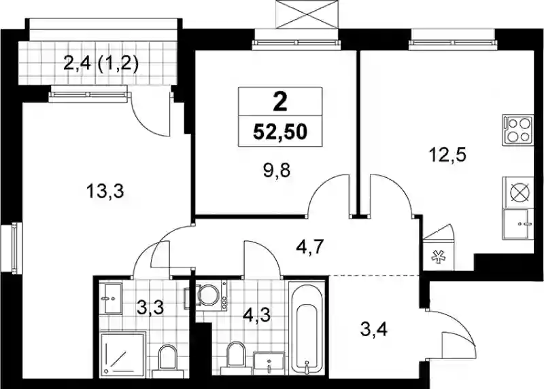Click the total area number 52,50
click(x=280, y=132)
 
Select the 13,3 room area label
click(x=105, y=191)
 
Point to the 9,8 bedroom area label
click(x=277, y=170)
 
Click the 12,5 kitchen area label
click(x=447, y=155)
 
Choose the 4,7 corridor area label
click(x=310, y=247)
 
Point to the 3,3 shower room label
click(x=150, y=308)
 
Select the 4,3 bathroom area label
click(x=256, y=316)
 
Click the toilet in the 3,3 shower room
click(x=167, y=361)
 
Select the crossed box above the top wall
click(x=307, y=14)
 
